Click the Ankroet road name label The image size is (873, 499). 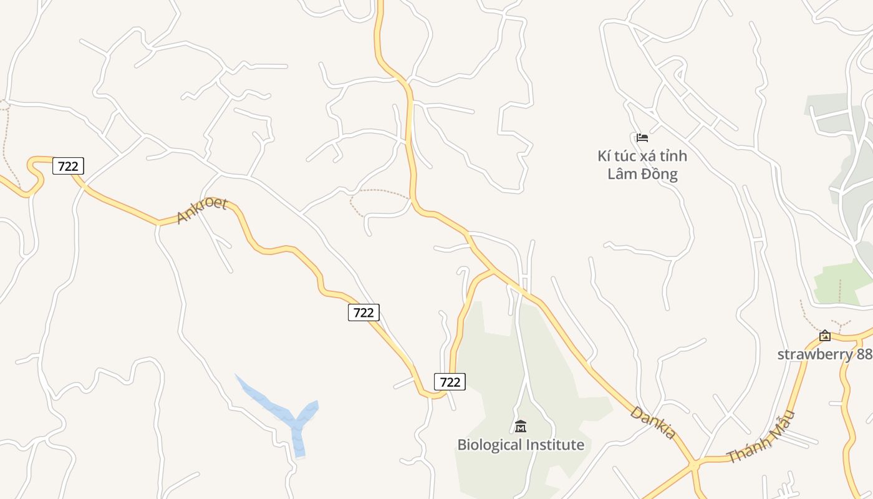201,211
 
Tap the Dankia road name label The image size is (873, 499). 652,422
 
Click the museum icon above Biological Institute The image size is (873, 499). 521,427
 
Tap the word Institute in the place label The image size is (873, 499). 553,445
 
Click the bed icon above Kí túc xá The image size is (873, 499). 642,138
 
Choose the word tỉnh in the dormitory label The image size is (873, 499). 671,155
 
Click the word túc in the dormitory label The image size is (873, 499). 625,155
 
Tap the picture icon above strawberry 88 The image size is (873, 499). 825,336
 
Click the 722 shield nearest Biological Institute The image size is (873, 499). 450,382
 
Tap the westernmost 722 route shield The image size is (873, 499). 68,166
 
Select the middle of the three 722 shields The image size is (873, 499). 364,312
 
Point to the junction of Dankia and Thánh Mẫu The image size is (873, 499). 693,464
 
